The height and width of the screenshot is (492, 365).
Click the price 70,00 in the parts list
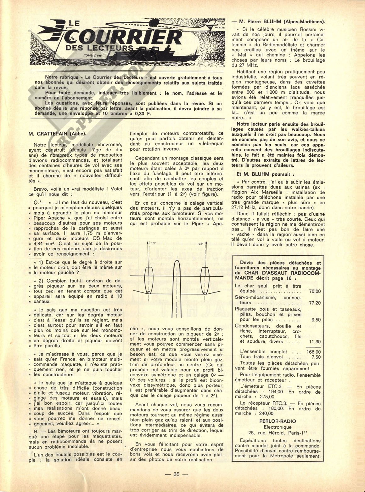click(315, 291)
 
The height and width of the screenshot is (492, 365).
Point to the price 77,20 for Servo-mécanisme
click(315, 303)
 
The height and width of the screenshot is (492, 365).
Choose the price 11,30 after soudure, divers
click(315, 341)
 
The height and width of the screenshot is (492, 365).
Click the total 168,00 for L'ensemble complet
click(313, 351)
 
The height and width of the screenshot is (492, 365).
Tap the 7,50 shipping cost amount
click(315, 357)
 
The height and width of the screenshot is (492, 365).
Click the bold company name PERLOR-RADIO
click(278, 421)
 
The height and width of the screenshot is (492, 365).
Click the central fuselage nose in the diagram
click(177, 263)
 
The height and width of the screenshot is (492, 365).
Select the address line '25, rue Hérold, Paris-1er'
click(278, 433)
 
